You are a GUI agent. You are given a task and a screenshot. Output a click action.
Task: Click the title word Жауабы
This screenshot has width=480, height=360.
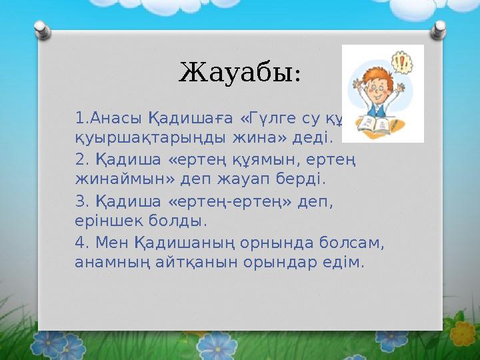[239, 71]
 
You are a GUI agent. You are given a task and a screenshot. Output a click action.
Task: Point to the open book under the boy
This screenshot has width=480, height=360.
[378, 126]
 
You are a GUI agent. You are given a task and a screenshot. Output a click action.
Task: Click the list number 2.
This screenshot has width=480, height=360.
[82, 160]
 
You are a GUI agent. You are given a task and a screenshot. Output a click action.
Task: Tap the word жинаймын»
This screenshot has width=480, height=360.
[123, 179]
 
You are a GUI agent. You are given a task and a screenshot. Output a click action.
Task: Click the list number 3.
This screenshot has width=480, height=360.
[82, 201]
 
